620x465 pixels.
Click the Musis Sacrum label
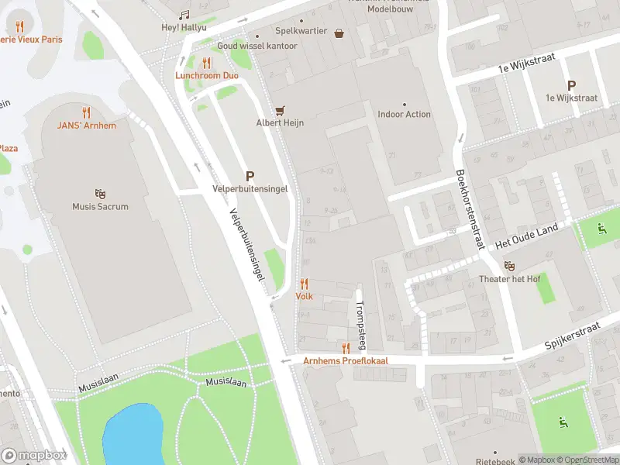coord(100,207)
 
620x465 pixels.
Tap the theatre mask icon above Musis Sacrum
coord(100,193)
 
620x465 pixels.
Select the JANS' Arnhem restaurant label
coord(86,126)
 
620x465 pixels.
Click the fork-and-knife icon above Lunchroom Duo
coord(206,63)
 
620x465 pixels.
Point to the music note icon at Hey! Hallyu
coord(184,15)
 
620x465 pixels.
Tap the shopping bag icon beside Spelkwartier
coord(339,33)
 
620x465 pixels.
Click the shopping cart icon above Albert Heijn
coord(281,110)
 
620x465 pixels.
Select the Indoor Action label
coord(404,115)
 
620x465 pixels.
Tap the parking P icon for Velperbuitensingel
coord(250,176)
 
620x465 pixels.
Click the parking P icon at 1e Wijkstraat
coord(571,85)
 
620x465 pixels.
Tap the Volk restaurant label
coord(304,296)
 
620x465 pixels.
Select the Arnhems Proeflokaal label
coord(345,361)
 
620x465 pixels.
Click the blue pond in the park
coord(133,434)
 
